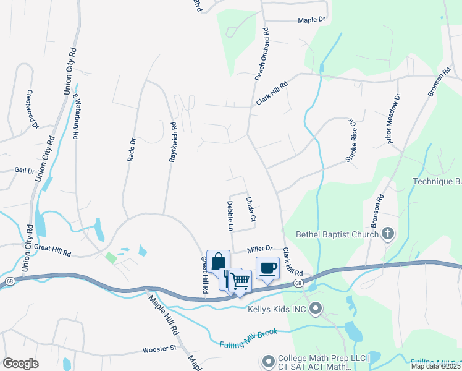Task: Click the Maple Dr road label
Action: click(311, 20)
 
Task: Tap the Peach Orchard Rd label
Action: click(262, 54)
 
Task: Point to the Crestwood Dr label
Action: click(32, 109)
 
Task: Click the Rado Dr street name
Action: click(131, 148)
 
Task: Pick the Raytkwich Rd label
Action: click(174, 142)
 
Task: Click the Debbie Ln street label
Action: click(230, 216)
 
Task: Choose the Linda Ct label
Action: click(250, 210)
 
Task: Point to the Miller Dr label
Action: click(260, 249)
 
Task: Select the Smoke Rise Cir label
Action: click(351, 142)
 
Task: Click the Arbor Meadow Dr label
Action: click(393, 119)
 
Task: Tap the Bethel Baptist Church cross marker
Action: click(387, 234)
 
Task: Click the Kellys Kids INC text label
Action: click(277, 308)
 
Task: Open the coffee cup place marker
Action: click(267, 268)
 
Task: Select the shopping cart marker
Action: click(240, 281)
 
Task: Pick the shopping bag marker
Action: click(219, 262)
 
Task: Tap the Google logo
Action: click(20, 364)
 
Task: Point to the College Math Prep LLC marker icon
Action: click(268, 359)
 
